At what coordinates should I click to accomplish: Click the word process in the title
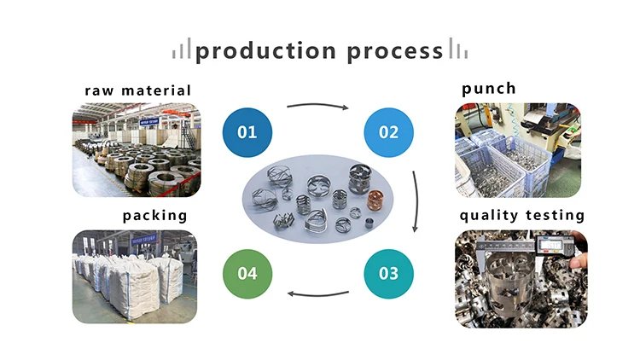(395, 51)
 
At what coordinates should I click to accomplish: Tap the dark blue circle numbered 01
(247, 132)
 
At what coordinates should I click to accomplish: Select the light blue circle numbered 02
(388, 132)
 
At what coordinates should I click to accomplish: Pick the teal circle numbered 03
(388, 274)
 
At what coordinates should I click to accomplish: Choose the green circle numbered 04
(247, 274)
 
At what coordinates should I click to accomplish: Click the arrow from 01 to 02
(318, 107)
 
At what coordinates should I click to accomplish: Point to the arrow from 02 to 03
(416, 202)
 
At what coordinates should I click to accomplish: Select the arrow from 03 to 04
(318, 294)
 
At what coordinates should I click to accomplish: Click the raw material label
(137, 90)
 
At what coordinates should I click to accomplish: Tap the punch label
(489, 89)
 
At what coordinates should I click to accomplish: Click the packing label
(155, 215)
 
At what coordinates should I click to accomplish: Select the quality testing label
(522, 215)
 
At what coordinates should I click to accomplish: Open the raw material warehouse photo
(137, 150)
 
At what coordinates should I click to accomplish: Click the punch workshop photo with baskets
(517, 150)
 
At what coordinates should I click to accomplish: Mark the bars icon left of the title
(182, 52)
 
